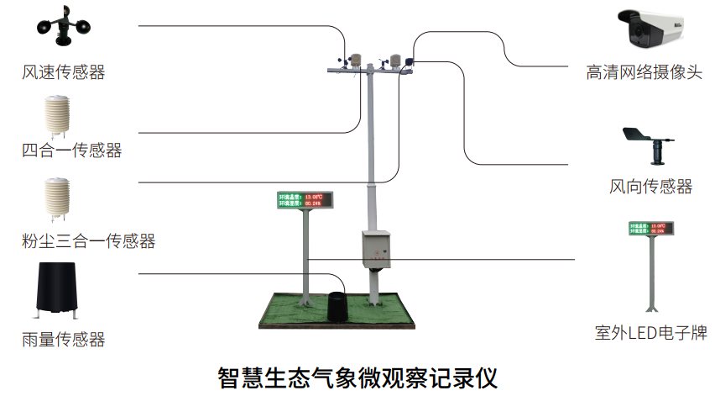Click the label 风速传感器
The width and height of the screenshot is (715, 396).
tap(64, 73)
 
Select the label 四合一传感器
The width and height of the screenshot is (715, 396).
tap(72, 150)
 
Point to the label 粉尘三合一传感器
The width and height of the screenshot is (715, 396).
tap(89, 241)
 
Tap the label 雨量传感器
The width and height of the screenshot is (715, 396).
tap(64, 339)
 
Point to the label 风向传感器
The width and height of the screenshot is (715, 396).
tap(651, 186)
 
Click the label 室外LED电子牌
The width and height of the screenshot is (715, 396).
tap(651, 333)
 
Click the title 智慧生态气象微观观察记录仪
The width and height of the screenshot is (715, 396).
tap(357, 374)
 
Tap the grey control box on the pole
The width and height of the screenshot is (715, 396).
tap(377, 250)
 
